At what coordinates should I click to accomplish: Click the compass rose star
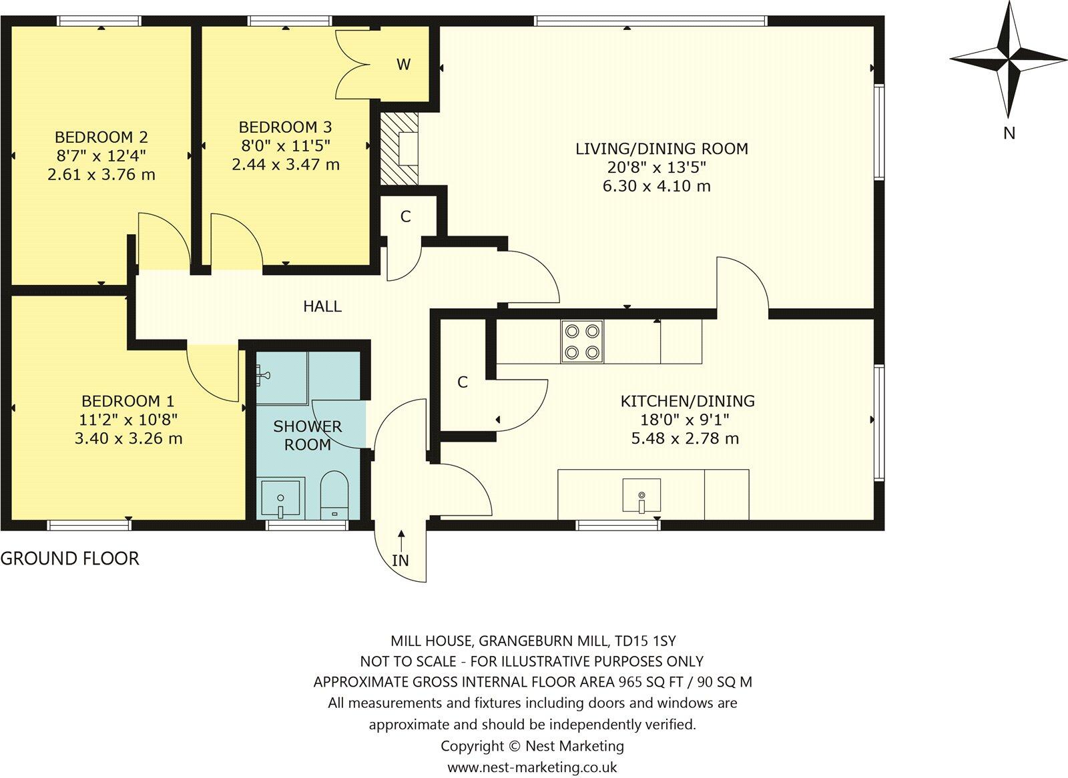point(1008,60)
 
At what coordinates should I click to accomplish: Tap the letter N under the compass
point(1009,133)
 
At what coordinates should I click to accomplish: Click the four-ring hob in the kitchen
point(583,342)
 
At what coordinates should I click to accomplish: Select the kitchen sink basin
point(641,495)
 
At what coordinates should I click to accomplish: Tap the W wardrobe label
point(403,65)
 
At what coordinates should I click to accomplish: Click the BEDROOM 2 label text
point(101,137)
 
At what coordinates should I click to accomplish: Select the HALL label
point(322,306)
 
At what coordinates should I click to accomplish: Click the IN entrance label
point(400,560)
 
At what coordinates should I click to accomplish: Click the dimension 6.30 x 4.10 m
point(656,186)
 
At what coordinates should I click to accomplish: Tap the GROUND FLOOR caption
point(69,558)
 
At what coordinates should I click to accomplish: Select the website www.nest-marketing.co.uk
point(532,767)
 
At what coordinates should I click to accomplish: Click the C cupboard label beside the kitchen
point(462,382)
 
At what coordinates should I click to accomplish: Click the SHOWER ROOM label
point(307,435)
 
